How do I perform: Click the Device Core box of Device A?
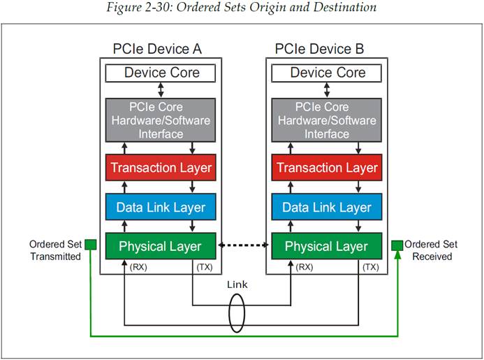161,73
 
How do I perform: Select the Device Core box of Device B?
327,73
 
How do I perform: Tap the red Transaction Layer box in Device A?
161,168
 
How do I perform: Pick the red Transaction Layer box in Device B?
327,168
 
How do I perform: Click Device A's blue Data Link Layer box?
161,207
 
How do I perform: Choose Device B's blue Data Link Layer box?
327,207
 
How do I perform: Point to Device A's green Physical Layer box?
161,246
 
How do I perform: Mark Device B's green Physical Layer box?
327,246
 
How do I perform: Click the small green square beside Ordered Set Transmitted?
89,245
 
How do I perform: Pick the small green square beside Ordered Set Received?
397,245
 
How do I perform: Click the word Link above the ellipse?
237,285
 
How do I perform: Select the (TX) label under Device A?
205,268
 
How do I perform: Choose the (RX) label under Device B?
304,268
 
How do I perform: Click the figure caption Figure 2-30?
242,8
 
